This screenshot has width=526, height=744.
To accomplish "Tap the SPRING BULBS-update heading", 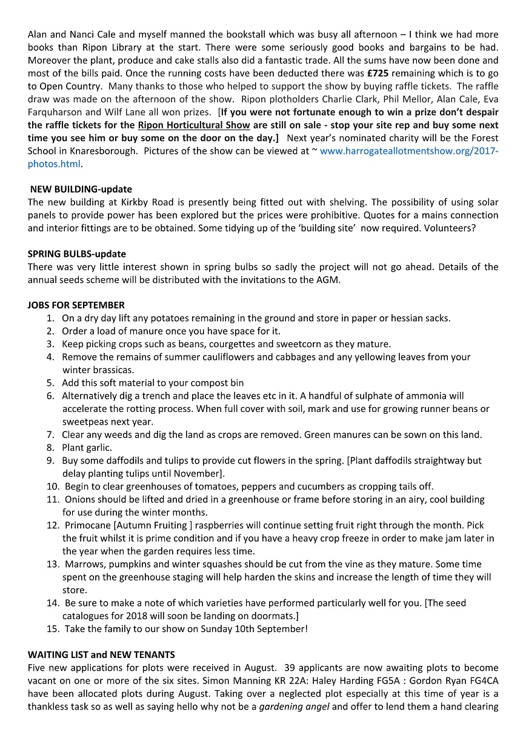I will pyautogui.click(x=77, y=254).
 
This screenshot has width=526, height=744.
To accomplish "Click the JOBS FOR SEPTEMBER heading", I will pyautogui.click(x=76, y=305).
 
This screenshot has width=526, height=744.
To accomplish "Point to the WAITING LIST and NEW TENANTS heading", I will pyautogui.click(x=101, y=655).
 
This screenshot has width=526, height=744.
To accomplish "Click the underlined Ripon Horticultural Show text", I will pyautogui.click(x=194, y=125).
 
